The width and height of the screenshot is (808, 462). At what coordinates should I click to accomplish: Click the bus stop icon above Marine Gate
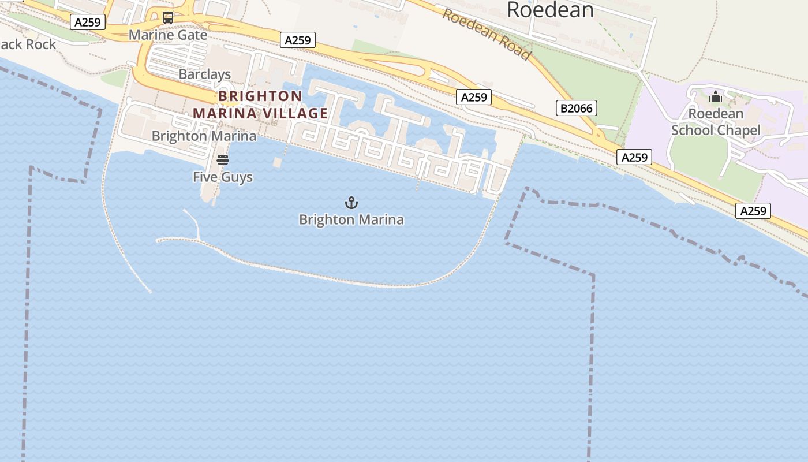tap(168, 18)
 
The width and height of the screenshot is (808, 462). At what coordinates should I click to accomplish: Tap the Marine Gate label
tap(168, 35)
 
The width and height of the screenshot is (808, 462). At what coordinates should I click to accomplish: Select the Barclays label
tap(205, 74)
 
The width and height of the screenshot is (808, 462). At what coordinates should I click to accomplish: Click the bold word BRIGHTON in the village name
tap(260, 96)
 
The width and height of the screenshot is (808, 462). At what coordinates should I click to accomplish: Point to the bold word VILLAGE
tap(295, 113)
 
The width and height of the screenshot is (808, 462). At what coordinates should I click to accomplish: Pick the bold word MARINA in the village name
tap(225, 113)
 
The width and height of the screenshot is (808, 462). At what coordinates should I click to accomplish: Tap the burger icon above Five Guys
tap(223, 160)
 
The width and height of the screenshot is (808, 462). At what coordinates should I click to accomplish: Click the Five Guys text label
tap(223, 177)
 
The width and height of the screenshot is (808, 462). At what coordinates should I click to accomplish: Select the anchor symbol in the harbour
tap(351, 203)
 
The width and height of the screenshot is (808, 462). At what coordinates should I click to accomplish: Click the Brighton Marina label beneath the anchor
tap(351, 220)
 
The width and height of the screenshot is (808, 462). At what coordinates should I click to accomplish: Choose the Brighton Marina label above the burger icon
tap(204, 136)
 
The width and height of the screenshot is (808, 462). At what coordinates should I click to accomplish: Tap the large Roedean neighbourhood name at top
tap(550, 10)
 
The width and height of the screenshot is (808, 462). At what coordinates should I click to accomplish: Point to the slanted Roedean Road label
tap(487, 35)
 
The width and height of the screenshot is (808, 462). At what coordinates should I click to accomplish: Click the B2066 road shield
tap(577, 108)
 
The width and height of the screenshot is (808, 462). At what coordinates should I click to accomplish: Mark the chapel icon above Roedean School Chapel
tap(716, 96)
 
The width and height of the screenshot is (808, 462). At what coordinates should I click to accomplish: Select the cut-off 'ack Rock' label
tap(28, 44)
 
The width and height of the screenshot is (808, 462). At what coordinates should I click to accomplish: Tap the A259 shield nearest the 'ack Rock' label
tap(88, 23)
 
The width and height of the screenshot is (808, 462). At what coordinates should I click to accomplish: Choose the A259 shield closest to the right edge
tap(753, 211)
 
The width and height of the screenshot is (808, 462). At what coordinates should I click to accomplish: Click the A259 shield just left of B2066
tap(474, 98)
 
